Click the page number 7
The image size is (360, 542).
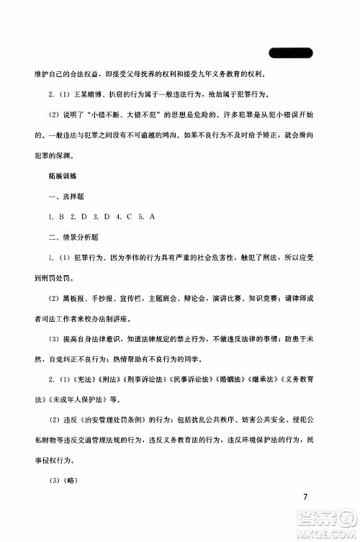click(306, 497)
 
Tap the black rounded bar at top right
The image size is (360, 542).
click(291, 53)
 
